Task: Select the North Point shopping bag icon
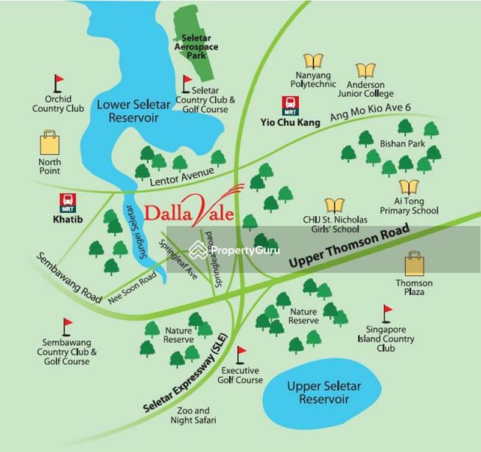tap(50, 143)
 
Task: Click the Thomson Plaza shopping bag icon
tap(414, 264)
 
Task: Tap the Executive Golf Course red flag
tap(240, 355)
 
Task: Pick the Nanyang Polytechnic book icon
tap(313, 61)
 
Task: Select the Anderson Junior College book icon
tap(366, 71)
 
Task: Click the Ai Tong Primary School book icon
tap(409, 186)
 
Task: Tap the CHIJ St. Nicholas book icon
tap(334, 206)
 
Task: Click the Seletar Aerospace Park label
tap(196, 47)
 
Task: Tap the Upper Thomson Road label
tap(349, 246)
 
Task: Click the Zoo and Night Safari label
tap(192, 415)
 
